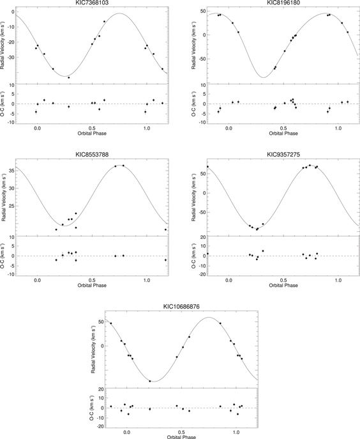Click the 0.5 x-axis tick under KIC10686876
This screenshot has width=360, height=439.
182,433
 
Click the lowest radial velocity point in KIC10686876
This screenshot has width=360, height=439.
150,381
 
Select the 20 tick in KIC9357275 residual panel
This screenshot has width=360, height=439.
202,238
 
